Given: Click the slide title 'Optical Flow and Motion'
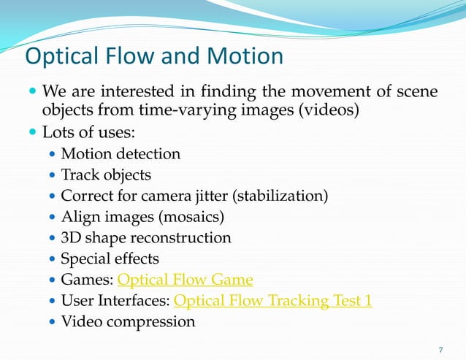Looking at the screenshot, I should point(154,56).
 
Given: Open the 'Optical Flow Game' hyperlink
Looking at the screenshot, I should point(185,280).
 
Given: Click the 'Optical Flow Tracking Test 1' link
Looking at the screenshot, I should point(273,301).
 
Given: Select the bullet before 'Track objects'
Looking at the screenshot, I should point(50,176).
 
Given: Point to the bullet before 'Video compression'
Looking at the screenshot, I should point(50,322).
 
